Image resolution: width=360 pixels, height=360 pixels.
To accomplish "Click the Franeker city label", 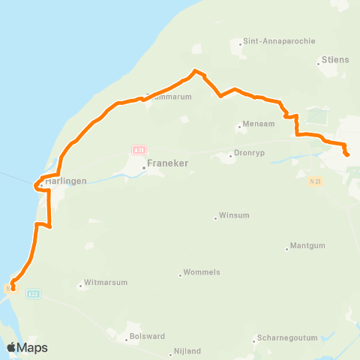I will pos(167,162).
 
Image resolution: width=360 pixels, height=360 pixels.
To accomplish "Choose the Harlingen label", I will pos(66,181).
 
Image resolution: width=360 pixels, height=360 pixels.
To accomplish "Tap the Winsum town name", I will pos(233,217).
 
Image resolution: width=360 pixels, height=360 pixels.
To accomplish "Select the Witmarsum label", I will pos(106,283).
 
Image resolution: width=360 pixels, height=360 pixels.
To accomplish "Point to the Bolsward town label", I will pos(147,337).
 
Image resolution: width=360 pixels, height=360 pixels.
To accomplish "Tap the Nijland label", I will pos(186,350).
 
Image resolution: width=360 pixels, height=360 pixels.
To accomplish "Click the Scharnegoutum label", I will pos(289,337).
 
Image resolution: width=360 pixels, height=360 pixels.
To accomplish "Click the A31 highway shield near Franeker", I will pos(138,150).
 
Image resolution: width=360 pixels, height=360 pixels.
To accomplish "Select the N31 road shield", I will pos(315,181).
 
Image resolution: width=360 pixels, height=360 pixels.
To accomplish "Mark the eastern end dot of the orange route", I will pos(347,154).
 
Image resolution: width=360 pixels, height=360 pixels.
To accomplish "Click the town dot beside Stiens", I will pos(319,63).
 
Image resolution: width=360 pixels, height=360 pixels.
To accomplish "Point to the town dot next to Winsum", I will pos(216,217).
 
